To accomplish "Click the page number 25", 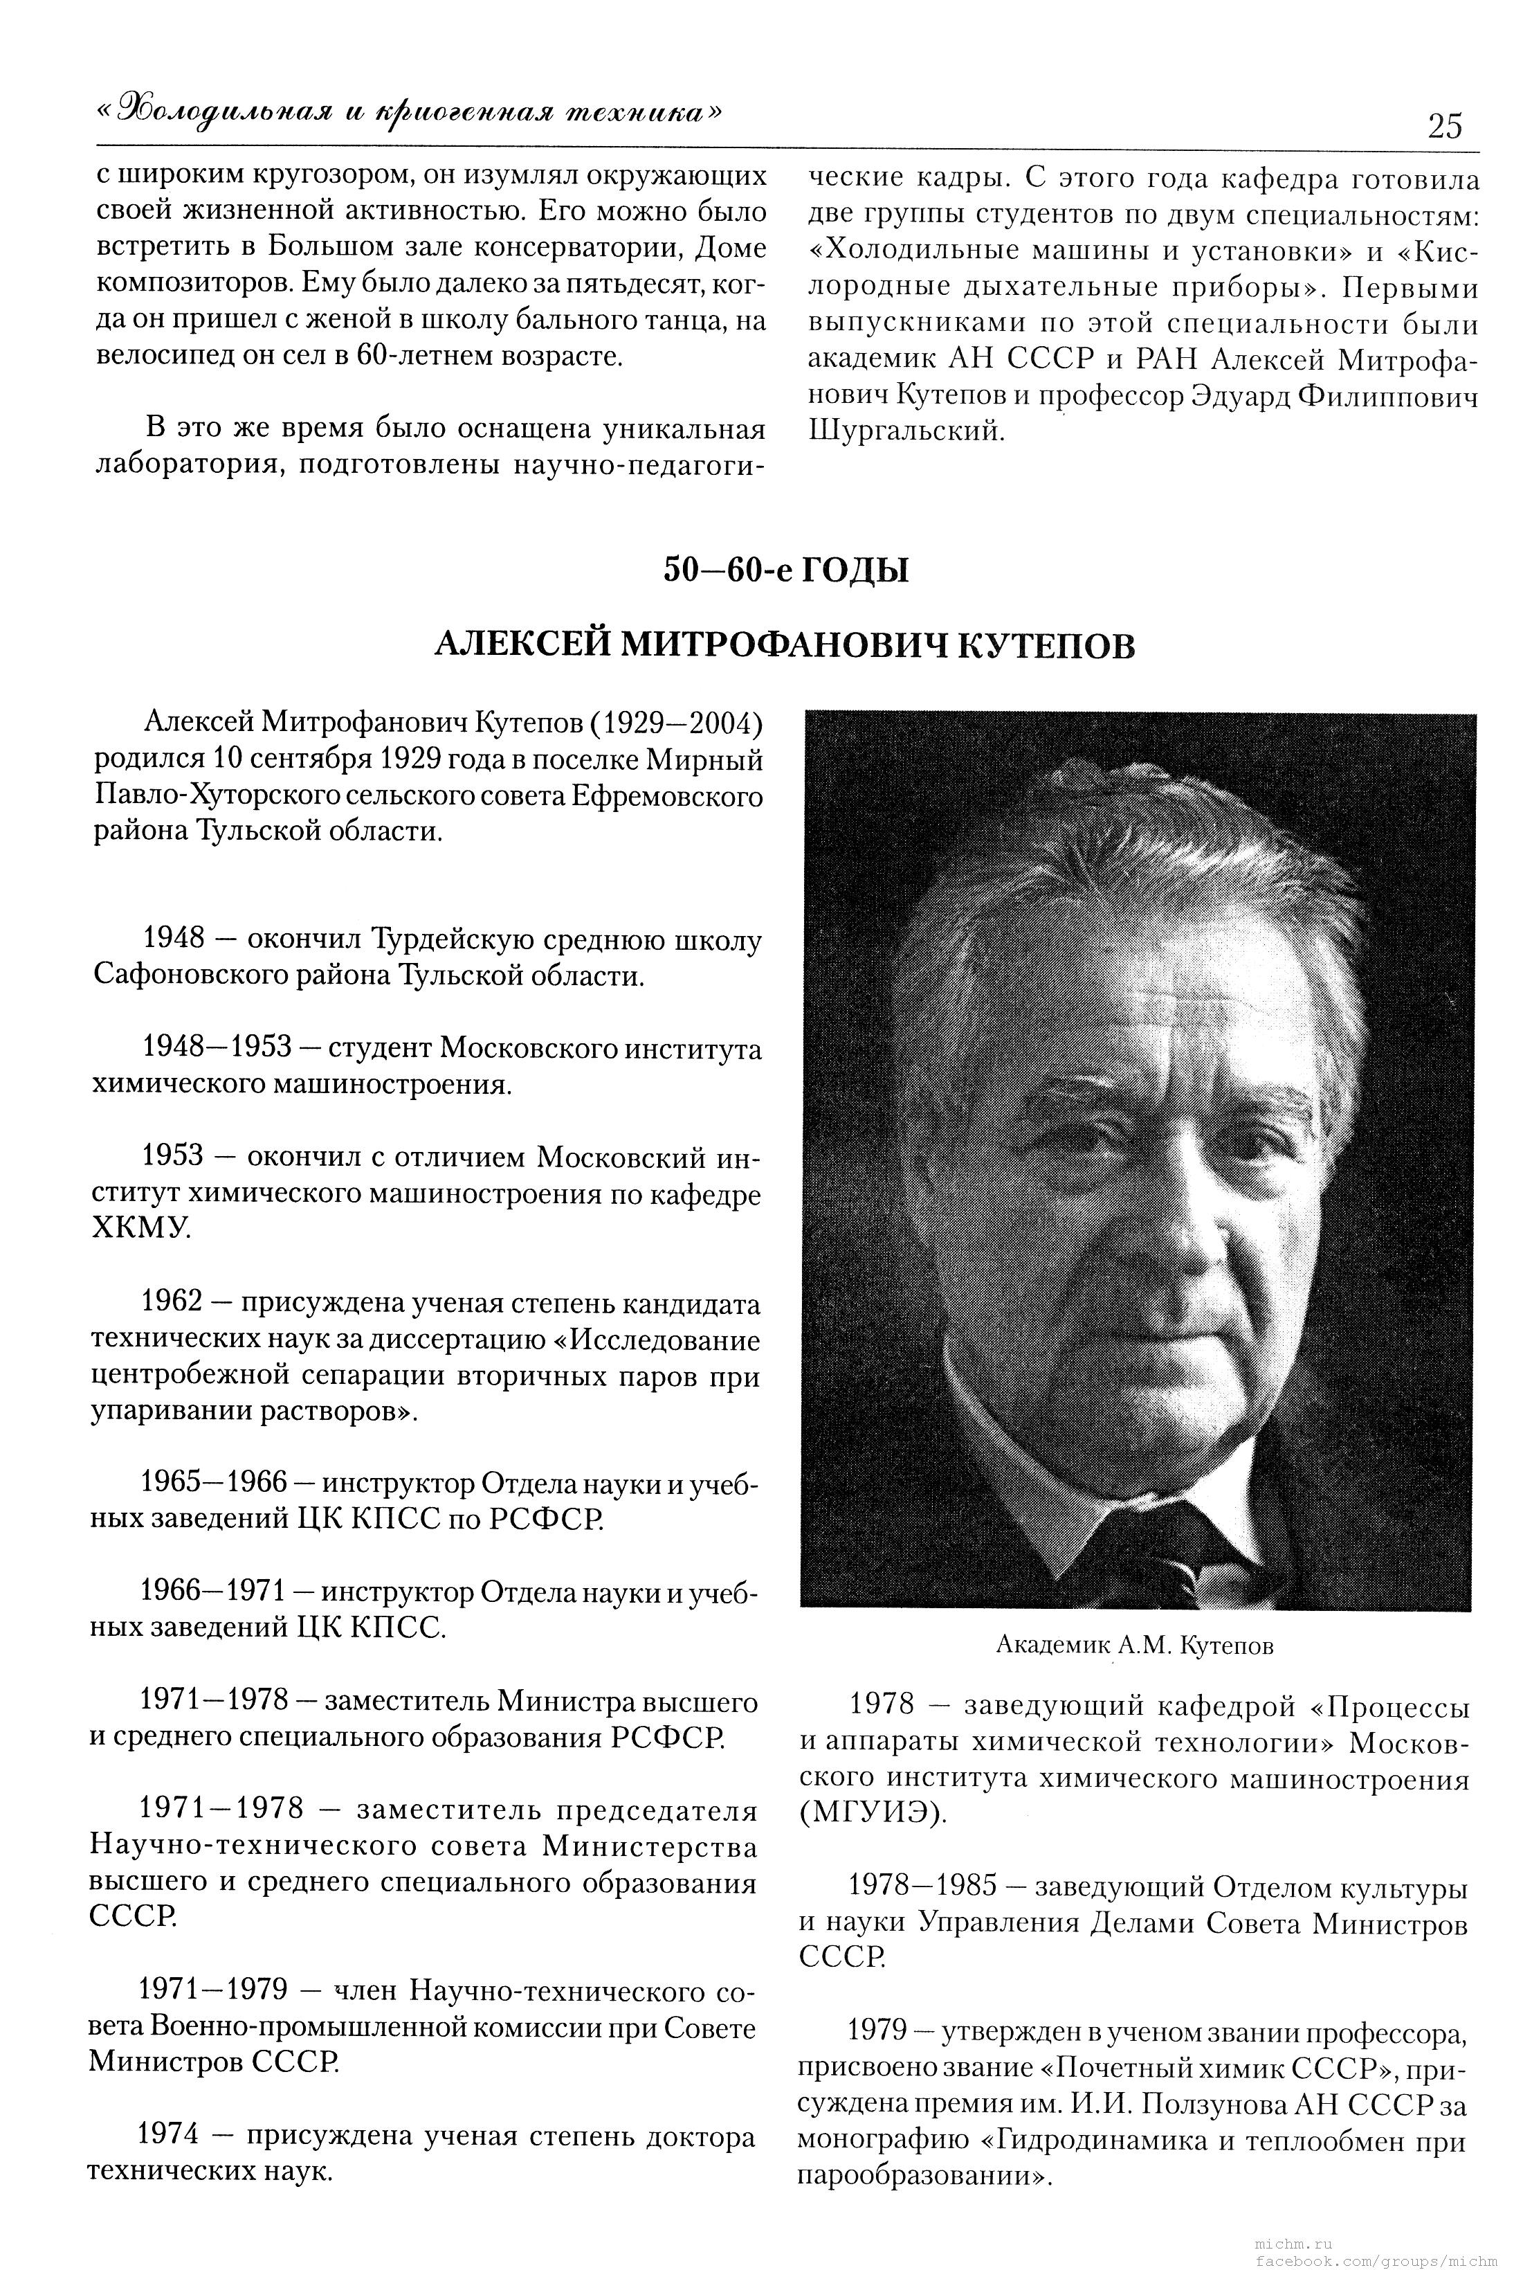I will pyautogui.click(x=1444, y=126).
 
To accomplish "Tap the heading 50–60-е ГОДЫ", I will pyautogui.click(x=785, y=570).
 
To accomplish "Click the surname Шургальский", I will pyautogui.click(x=906, y=431).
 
